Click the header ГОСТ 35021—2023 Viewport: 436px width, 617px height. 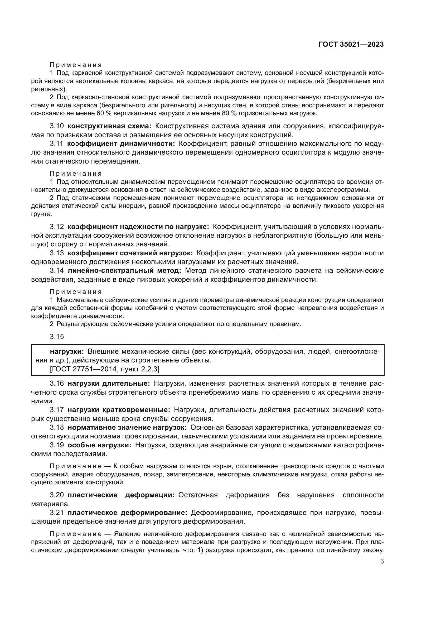click(x=351, y=45)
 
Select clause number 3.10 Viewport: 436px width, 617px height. click(x=57, y=126)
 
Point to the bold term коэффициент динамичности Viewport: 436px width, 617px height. click(x=121, y=144)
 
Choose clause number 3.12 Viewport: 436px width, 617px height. click(x=57, y=227)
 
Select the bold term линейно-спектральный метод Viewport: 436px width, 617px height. click(x=124, y=271)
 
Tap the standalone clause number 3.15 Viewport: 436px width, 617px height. click(x=57, y=336)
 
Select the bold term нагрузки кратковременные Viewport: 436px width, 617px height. click(x=119, y=410)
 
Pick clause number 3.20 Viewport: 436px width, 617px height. click(x=57, y=495)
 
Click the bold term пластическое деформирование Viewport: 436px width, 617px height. click(x=128, y=513)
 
